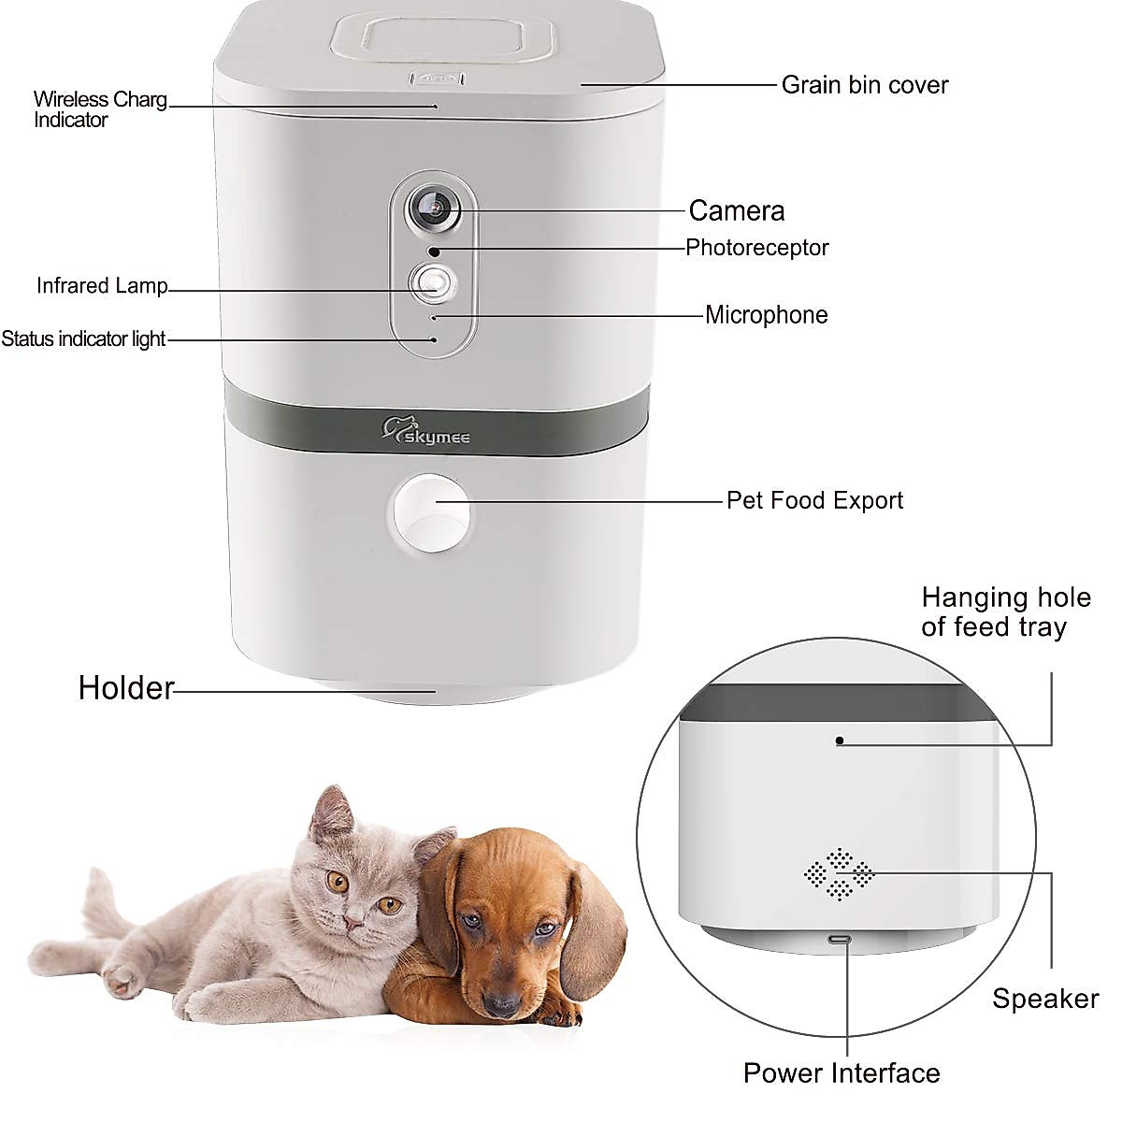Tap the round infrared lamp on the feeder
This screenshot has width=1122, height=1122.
[432, 282]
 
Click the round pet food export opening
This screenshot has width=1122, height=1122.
[430, 513]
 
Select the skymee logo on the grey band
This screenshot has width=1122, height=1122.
[426, 432]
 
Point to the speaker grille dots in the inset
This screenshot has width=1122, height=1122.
[840, 874]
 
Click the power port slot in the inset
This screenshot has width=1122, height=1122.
[840, 939]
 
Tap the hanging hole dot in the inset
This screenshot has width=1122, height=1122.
[840, 741]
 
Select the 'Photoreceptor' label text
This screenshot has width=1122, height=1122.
[756, 248]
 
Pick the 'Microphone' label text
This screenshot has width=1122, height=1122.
[766, 315]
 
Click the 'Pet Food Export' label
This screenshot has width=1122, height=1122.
[814, 500]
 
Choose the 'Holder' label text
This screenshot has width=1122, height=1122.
[126, 688]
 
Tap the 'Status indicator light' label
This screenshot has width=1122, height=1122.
[83, 339]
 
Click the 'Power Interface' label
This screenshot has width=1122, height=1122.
[841, 1072]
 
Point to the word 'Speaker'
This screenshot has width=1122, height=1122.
[1045, 999]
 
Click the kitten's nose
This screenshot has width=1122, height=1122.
[352, 922]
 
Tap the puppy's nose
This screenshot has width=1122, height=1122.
[503, 1004]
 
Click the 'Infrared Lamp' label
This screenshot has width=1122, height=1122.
[102, 286]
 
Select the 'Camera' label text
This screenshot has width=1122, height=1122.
[736, 210]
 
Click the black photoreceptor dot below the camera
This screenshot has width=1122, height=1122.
[433, 252]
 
